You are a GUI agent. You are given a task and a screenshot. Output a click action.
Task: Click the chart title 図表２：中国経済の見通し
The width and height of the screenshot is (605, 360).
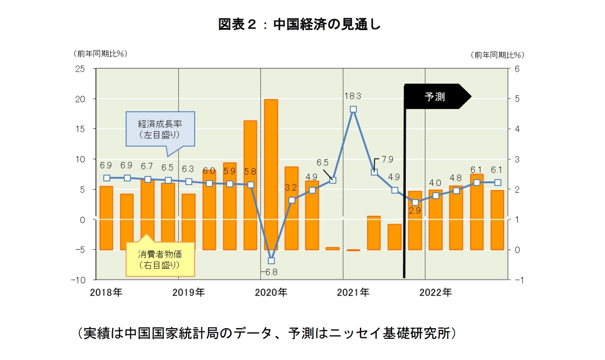[x=299, y=24]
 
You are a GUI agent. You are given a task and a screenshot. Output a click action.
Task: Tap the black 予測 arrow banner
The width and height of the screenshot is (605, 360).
[x=436, y=97]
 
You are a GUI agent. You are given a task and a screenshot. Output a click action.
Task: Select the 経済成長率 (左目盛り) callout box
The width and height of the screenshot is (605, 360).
[x=160, y=129]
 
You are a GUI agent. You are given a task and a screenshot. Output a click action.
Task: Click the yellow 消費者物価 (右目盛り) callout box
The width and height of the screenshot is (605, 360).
[x=160, y=259]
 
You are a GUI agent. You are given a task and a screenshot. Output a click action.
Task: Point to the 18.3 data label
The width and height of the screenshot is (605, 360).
[x=352, y=96]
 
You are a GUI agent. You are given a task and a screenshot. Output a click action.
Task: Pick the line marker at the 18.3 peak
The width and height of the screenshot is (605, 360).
[x=353, y=109]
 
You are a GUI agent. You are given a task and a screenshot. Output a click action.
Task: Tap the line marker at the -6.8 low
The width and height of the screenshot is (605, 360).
[x=271, y=260]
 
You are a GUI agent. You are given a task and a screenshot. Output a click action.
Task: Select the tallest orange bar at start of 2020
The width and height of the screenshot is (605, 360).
[x=271, y=174]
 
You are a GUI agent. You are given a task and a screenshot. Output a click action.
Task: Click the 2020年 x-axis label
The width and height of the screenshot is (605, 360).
[x=271, y=293]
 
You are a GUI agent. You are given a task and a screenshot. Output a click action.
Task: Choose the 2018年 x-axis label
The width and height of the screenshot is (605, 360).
[x=106, y=293]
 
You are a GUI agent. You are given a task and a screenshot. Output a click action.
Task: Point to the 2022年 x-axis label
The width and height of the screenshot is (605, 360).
[x=435, y=293]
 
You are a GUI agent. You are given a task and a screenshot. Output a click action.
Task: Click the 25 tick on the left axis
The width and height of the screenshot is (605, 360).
[x=80, y=69]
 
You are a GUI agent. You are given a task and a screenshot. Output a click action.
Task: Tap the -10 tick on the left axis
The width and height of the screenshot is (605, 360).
[x=79, y=280]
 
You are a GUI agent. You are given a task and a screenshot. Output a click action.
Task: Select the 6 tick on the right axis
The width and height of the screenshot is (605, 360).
[x=517, y=69]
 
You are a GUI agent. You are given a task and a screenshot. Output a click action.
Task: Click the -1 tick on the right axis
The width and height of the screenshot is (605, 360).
[x=519, y=280]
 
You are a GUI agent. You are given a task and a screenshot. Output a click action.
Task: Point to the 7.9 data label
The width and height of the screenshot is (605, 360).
[x=387, y=159]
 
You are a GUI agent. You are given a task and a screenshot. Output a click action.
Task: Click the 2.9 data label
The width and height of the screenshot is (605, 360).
[x=415, y=210]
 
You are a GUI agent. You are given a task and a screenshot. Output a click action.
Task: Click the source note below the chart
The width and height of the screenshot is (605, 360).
[x=267, y=333]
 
